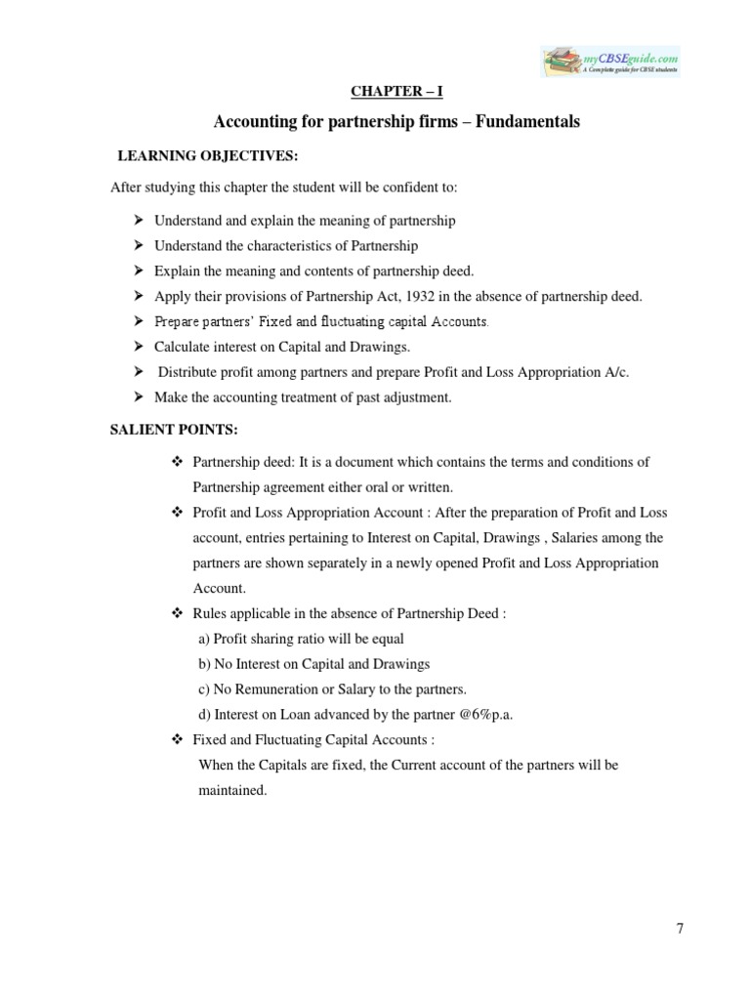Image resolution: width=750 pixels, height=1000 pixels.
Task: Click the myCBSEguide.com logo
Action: click(610, 62)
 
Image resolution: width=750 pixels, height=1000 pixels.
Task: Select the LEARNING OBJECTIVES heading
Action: click(207, 155)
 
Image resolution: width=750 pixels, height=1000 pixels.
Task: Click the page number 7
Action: click(680, 929)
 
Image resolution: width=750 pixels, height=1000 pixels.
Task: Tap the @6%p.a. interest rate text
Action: click(479, 714)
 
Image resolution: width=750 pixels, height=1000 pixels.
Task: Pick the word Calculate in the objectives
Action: click(184, 347)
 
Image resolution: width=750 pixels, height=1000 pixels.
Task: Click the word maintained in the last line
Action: click(231, 790)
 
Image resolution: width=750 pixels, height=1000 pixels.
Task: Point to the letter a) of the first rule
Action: click(204, 638)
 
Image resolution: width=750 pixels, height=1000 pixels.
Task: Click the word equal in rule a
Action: click(387, 638)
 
